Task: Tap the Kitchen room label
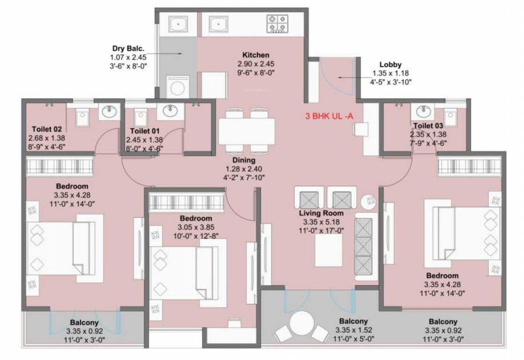pos(256,55)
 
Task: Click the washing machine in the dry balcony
pos(177,87)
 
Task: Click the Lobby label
pos(390,65)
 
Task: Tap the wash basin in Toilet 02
pos(110,112)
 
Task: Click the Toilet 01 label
pos(144,132)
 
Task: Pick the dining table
pos(247,131)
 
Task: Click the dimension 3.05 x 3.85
pos(196,227)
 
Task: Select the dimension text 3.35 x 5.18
pos(321,222)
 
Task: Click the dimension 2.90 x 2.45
pos(256,64)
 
